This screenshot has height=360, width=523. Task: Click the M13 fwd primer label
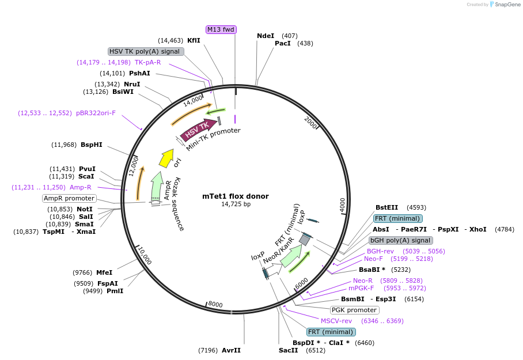(x=221, y=29)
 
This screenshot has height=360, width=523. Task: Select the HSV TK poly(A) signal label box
(x=146, y=51)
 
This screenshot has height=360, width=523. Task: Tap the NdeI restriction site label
(x=266, y=36)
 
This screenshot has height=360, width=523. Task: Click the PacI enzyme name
(x=282, y=43)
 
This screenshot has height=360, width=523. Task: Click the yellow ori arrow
(x=168, y=156)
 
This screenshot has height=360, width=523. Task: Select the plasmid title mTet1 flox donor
(x=236, y=196)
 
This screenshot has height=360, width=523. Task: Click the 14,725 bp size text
(x=236, y=204)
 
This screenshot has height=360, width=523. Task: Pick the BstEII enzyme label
(x=386, y=207)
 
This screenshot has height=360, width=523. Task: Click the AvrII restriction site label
(x=231, y=350)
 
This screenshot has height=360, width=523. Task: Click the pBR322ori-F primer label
(x=96, y=113)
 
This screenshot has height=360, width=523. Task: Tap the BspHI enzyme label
(x=92, y=145)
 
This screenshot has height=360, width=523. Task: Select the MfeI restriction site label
(x=104, y=272)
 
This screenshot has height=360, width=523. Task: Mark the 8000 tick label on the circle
(x=215, y=304)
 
